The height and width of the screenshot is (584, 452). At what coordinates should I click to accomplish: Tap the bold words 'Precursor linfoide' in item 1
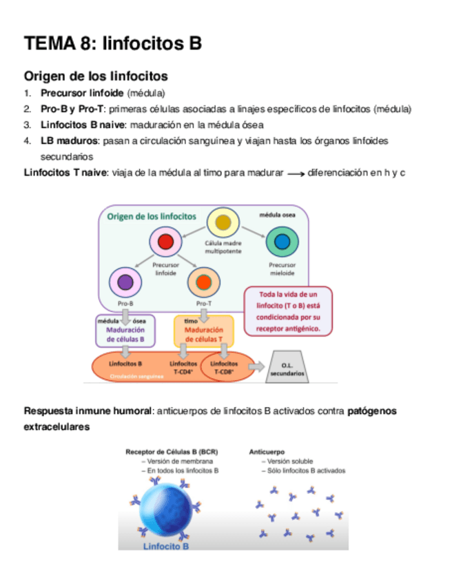point(82,93)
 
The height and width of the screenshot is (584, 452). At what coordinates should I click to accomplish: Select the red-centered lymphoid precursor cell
point(165,242)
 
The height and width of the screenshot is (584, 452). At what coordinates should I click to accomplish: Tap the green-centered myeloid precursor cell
point(282,241)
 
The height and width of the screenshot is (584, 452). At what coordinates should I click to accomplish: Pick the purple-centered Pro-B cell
point(125,282)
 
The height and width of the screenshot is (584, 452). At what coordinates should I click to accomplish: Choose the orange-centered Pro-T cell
point(203,282)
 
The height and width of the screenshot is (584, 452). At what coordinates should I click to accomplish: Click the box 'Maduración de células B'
point(125,330)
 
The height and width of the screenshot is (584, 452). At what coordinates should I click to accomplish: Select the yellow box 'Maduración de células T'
point(203,331)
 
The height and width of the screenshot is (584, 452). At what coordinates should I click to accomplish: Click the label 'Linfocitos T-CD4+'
point(183,367)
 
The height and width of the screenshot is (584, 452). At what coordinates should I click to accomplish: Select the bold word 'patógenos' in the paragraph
point(372,411)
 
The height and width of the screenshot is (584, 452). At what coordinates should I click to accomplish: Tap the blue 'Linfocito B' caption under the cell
point(166,546)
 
